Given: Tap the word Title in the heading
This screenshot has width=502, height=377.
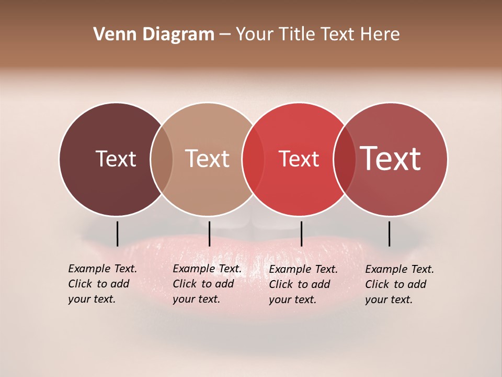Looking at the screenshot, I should click(296, 35).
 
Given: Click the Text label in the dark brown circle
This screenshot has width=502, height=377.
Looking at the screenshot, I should click(116, 159).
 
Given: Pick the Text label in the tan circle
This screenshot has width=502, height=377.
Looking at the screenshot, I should click(208, 159).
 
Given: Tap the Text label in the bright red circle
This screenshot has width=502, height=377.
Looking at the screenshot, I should click(299, 159).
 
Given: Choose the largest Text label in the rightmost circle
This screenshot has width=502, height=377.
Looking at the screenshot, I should click(391, 158).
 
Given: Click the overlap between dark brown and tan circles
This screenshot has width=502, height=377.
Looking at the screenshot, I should click(162, 159).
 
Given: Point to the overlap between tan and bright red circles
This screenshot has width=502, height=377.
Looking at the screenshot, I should click(253, 159).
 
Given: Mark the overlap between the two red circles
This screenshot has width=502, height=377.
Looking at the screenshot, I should click(345, 159).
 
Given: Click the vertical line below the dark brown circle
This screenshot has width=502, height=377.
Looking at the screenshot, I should click(117, 234).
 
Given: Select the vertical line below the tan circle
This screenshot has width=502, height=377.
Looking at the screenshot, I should click(209, 234).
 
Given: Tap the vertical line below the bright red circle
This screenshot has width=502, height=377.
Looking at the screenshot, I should click(301, 234).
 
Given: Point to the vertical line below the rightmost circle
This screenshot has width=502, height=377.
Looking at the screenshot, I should click(389, 234).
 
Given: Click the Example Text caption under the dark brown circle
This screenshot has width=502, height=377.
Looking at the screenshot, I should click(102, 284).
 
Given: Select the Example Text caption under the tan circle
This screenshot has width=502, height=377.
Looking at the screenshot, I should click(207, 284).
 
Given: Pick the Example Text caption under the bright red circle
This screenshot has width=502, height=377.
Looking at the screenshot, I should click(303, 284).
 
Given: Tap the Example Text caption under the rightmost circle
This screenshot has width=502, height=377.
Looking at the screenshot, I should click(399, 284).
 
